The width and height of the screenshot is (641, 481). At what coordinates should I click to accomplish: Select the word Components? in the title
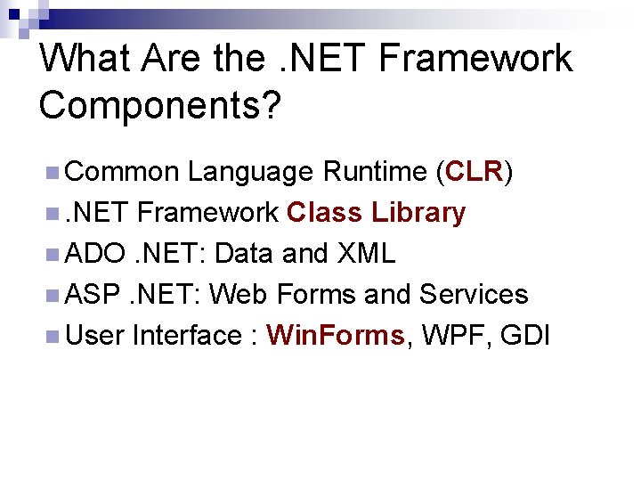[159, 105]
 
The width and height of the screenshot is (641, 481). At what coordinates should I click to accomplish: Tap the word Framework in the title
[475, 60]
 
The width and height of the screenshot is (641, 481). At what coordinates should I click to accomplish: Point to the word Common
[122, 171]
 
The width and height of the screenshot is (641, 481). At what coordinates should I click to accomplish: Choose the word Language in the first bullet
[250, 171]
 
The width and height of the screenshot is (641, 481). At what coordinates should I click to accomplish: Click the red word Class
[325, 213]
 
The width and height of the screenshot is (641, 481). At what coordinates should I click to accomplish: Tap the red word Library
[418, 213]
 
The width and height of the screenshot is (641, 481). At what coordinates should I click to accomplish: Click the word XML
[366, 254]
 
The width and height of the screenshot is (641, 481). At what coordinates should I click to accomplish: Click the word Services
[474, 295]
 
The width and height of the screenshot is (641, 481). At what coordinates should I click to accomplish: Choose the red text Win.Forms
[336, 336]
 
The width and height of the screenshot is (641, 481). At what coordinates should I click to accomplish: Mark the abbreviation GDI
[526, 336]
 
